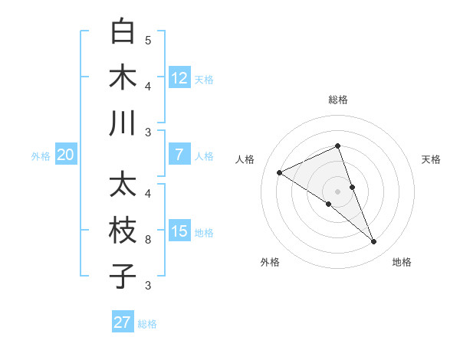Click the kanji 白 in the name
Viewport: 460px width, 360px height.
123,33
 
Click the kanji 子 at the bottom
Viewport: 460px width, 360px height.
123,276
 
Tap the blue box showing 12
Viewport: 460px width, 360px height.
179,77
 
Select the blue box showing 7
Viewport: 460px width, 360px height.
179,155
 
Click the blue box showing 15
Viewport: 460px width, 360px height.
179,231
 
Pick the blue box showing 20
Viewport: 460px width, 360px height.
66,155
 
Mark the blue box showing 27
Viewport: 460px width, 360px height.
123,322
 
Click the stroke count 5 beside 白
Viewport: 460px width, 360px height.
148,41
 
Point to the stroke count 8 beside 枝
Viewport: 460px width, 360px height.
148,240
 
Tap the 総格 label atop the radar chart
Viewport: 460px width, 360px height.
338,100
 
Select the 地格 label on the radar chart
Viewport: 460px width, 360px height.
402,262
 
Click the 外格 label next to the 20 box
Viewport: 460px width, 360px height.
41,156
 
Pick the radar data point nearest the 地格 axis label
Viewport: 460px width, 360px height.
374,242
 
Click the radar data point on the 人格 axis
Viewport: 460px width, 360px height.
279,173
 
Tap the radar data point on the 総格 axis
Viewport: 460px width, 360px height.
338,146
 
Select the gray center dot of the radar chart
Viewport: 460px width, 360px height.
338,191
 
